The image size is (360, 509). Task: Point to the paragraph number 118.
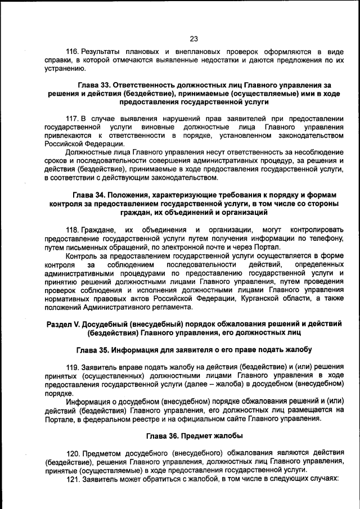[x=73, y=230]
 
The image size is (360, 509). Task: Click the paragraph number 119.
[x=74, y=366]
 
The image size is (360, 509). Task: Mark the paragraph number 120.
[x=74, y=453]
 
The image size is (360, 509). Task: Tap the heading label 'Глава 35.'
[x=93, y=350]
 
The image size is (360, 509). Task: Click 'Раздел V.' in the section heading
[x=62, y=325]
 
